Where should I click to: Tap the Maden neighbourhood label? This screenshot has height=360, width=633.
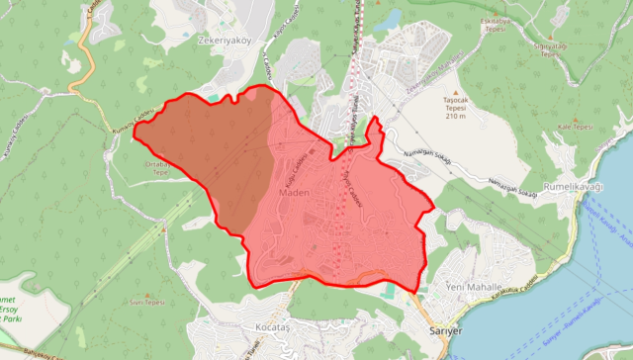point(295,193)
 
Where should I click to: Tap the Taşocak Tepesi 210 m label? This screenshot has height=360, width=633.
point(455,108)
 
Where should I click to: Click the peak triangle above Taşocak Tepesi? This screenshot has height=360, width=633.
point(455,88)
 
